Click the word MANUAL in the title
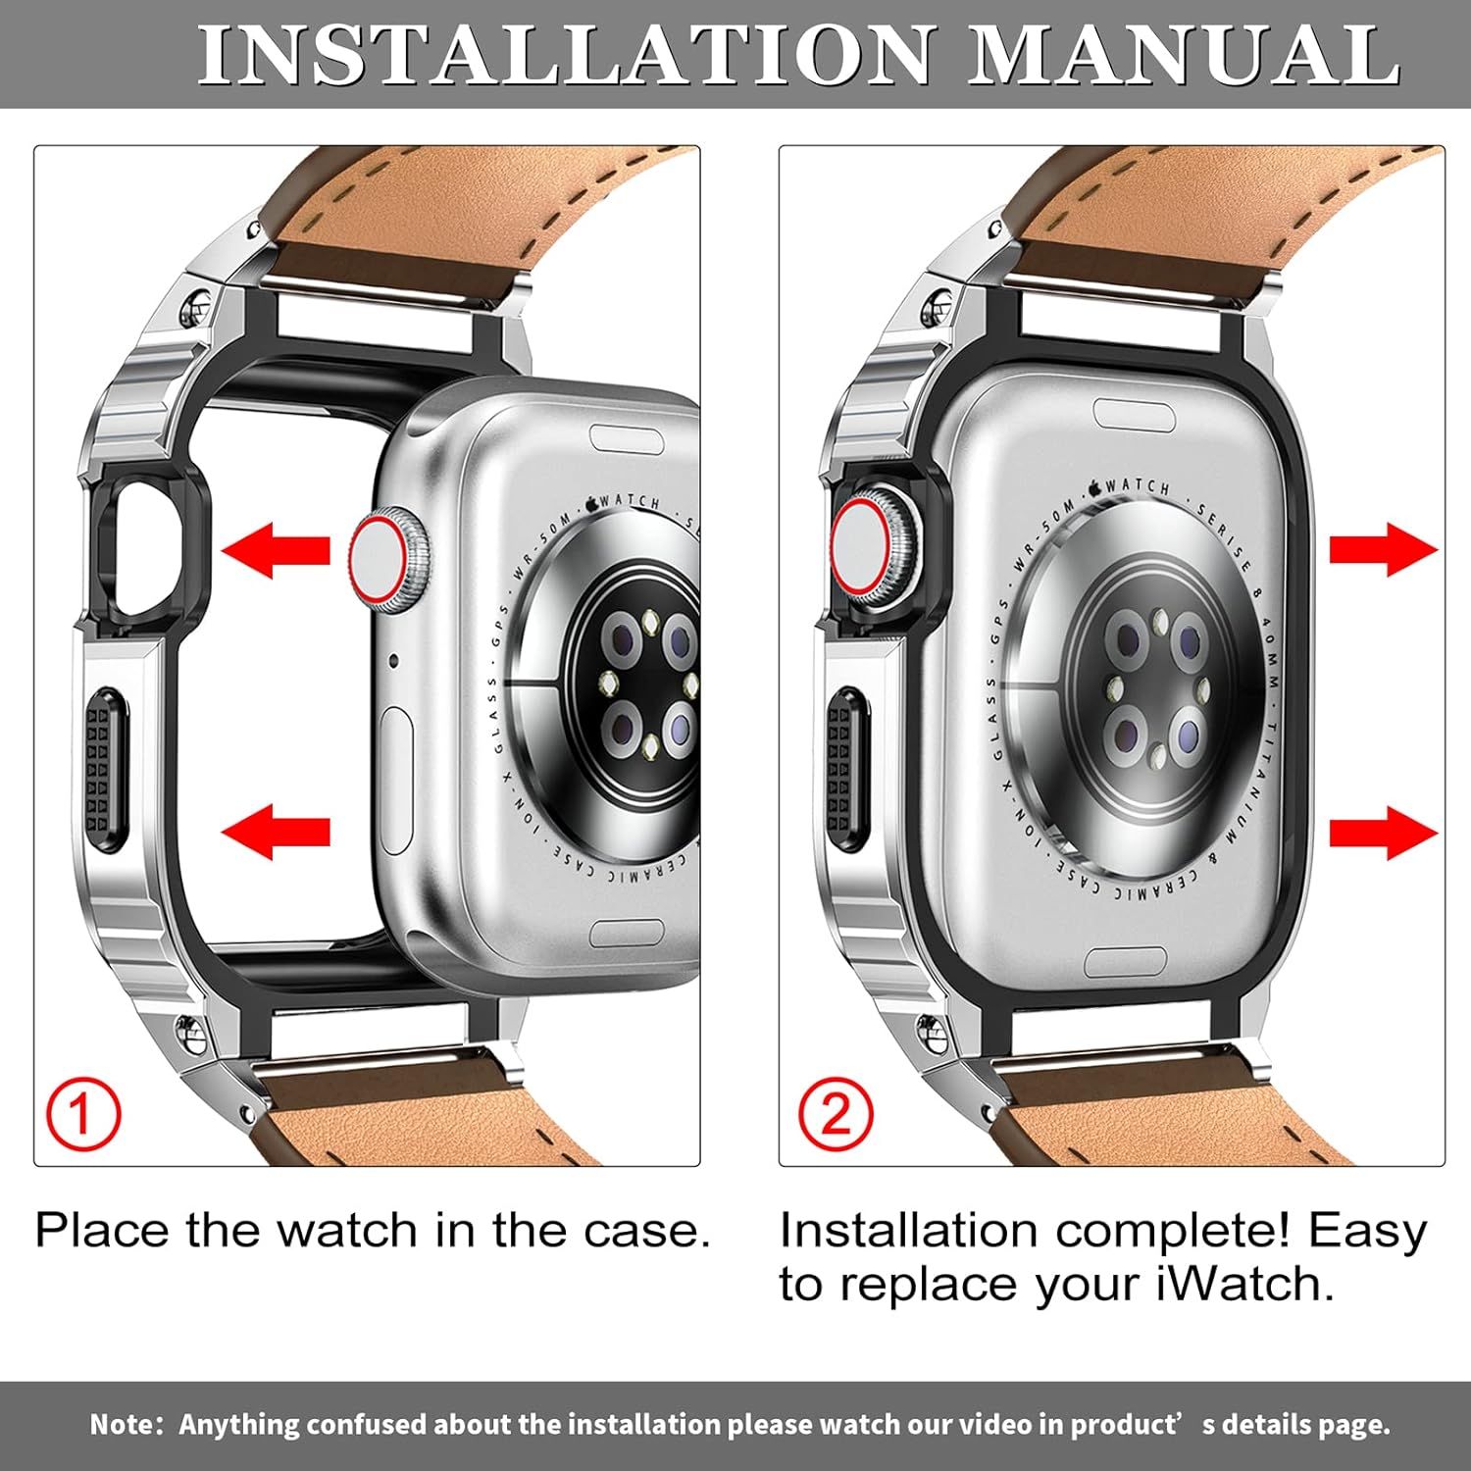(1184, 55)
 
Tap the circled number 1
(83, 1115)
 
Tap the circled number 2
(835, 1113)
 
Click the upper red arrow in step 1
(277, 549)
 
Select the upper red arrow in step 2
(1383, 549)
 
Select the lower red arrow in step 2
(1383, 833)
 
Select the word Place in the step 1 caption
(102, 1230)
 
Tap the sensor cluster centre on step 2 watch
(1157, 686)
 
